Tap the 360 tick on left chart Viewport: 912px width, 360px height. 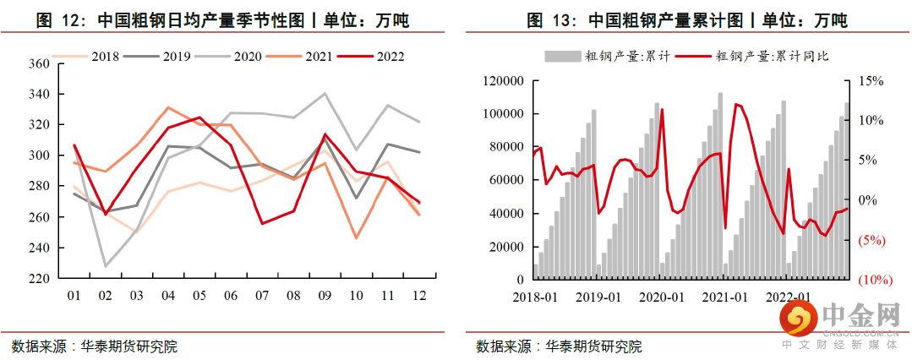[39, 63]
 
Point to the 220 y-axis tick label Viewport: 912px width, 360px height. [39, 279]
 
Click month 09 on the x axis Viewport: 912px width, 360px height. [325, 295]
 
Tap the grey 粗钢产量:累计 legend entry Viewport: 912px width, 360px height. [608, 57]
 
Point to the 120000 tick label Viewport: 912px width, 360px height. [504, 81]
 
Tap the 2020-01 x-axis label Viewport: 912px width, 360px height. [664, 297]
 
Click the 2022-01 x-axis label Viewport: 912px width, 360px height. [790, 297]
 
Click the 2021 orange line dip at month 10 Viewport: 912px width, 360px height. [357, 238]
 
